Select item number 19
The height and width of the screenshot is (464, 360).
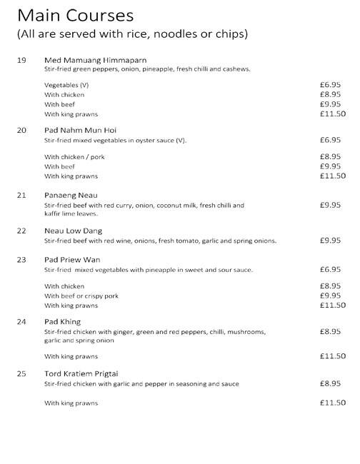tap(21, 60)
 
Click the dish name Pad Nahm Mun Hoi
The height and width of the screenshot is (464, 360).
tap(80, 131)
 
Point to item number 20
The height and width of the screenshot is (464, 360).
tap(21, 131)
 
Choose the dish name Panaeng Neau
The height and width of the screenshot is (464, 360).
tap(70, 195)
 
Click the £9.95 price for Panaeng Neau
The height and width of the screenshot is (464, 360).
tap(331, 205)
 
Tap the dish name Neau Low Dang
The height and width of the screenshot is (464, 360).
tap(73, 231)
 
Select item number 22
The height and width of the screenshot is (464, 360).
tap(21, 231)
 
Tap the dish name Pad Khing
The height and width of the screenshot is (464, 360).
tap(62, 322)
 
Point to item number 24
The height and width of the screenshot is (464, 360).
tap(21, 322)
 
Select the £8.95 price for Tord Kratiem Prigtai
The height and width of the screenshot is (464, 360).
tap(331, 383)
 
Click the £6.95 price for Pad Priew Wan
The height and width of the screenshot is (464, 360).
tap(331, 270)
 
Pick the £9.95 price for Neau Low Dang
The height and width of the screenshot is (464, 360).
tap(331, 241)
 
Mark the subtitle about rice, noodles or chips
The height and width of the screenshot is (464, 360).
tap(132, 34)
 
